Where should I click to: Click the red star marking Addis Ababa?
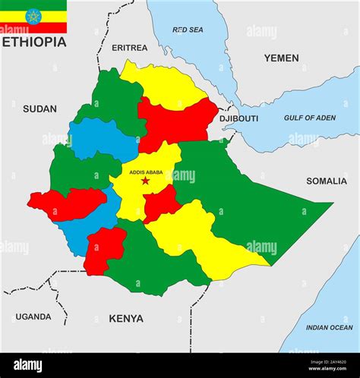point(145,181)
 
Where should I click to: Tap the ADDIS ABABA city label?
point(146,172)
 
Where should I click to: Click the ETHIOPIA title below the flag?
point(33,42)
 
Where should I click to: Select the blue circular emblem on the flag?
point(33,16)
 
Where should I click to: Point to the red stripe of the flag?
point(33,28)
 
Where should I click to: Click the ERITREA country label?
point(130,48)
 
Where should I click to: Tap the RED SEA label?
point(188,30)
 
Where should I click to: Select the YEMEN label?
point(281,58)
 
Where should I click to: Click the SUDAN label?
point(39,109)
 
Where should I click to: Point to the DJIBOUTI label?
point(238,118)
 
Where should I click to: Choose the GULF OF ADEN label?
point(310,118)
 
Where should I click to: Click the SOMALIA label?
point(327,181)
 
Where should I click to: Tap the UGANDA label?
point(33,317)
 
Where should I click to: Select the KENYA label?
point(126,318)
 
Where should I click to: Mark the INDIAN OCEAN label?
point(329,327)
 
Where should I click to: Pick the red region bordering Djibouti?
point(176,121)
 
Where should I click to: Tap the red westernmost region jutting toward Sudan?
point(67,203)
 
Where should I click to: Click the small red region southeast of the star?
point(161,203)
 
